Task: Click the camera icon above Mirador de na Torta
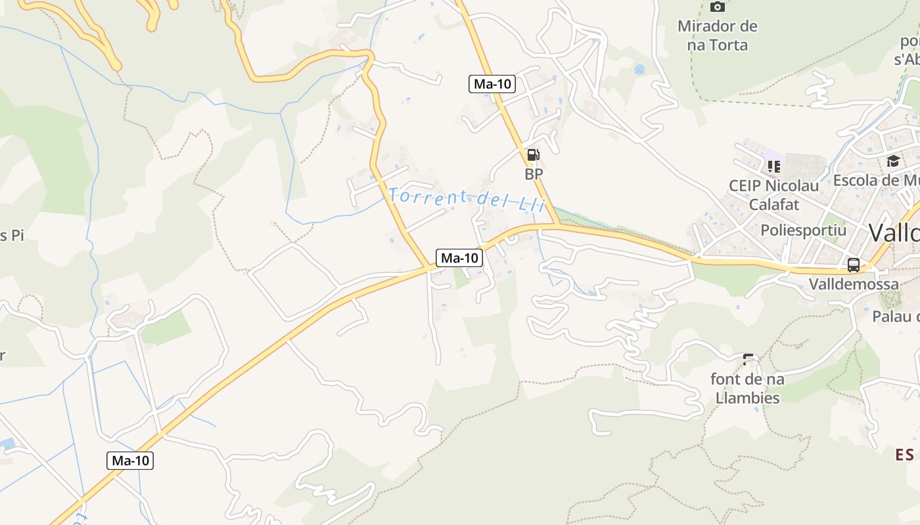pos(718,7)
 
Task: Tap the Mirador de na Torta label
pos(718,36)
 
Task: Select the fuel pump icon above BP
pos(533,155)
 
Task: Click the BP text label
pos(534,175)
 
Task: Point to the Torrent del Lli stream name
pos(467,199)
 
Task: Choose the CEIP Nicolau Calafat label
pos(774,195)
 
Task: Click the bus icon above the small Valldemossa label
pos(854,265)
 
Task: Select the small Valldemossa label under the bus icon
pos(854,284)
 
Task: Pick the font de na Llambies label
pos(747,388)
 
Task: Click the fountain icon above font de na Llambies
pos(748,359)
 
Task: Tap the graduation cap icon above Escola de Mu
pos(893,161)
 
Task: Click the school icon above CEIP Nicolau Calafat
pos(773,166)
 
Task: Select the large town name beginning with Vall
pos(894,232)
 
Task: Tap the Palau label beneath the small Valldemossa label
pos(896,316)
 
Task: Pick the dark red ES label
pos(905,455)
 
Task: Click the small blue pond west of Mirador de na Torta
pos(639,69)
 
